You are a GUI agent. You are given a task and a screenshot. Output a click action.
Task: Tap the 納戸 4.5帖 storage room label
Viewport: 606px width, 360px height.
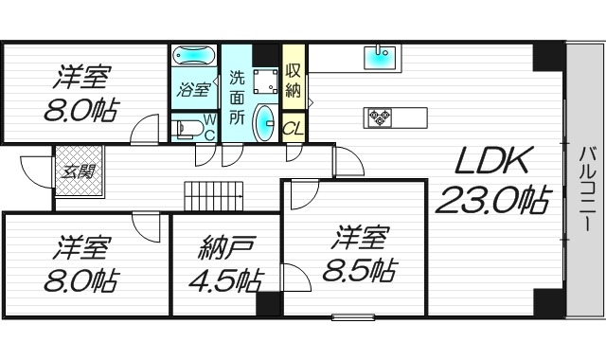click(x=225, y=266)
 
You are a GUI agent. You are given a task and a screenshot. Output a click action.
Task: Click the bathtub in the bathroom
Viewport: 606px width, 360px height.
click(x=194, y=57)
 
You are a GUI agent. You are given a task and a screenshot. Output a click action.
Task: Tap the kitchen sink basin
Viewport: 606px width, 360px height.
click(x=381, y=58)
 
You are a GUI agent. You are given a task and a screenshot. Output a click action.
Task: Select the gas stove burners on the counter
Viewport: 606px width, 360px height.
click(x=380, y=117)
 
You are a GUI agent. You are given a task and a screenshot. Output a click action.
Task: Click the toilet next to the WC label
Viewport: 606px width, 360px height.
click(x=186, y=128)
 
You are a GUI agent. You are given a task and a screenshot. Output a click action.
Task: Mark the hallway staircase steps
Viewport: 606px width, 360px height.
click(x=215, y=196)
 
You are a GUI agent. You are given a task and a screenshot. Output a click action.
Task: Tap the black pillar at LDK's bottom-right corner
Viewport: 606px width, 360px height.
click(x=547, y=302)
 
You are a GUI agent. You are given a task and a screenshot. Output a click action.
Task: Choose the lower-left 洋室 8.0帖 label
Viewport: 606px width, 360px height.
click(x=80, y=266)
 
